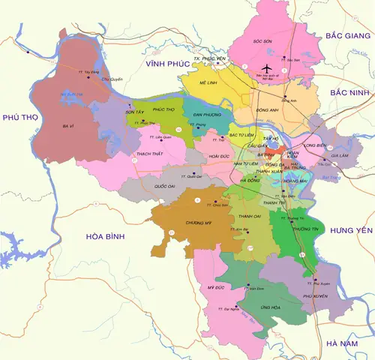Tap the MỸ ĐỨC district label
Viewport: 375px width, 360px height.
point(216,287)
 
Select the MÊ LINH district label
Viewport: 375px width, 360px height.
point(208,84)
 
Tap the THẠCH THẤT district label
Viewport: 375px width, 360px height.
point(151,153)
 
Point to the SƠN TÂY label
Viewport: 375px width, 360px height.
point(135,112)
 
